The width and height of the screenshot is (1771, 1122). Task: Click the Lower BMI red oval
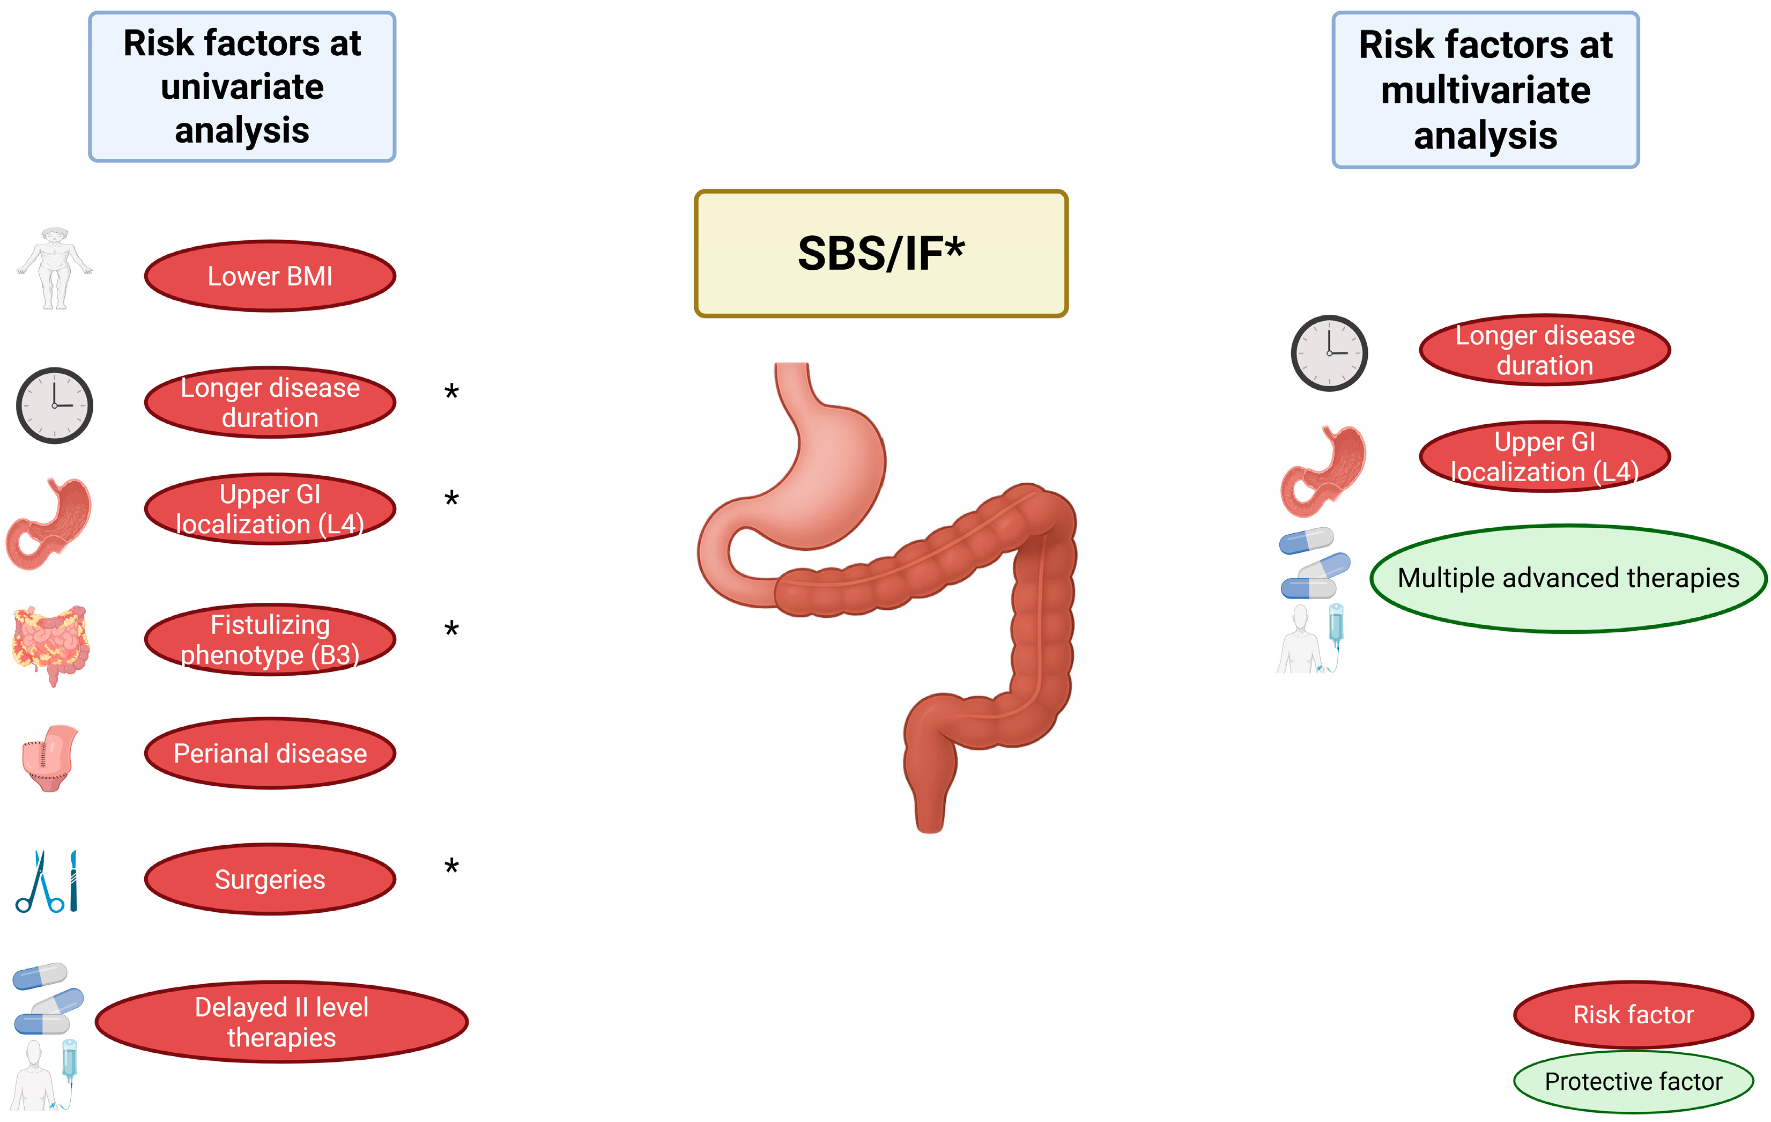coord(270,276)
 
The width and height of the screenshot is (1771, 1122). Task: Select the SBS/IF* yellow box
coord(880,254)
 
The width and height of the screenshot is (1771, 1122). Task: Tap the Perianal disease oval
coord(270,754)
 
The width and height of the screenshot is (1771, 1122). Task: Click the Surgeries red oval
coord(270,879)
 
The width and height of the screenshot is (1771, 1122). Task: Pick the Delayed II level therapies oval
coord(281,1022)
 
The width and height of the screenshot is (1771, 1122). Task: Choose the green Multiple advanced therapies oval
coord(1568,578)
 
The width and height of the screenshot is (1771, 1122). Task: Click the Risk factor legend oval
coord(1633,1015)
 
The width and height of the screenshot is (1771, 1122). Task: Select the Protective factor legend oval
coord(1633,1082)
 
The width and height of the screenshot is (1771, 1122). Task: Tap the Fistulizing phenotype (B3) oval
coord(270,639)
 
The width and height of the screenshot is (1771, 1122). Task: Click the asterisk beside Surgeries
coord(451,867)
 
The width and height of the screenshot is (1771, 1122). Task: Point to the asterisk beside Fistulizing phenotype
coord(451,630)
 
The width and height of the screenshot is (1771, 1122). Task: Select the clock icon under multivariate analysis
coord(1329,353)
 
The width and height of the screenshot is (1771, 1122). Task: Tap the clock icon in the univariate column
coord(55,405)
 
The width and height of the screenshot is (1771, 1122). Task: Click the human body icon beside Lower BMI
coord(55,269)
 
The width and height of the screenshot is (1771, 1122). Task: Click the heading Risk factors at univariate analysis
coord(242,86)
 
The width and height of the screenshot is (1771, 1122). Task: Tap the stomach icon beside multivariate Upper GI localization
coord(1323,471)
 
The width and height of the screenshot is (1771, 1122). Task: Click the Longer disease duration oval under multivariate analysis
coord(1545,350)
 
